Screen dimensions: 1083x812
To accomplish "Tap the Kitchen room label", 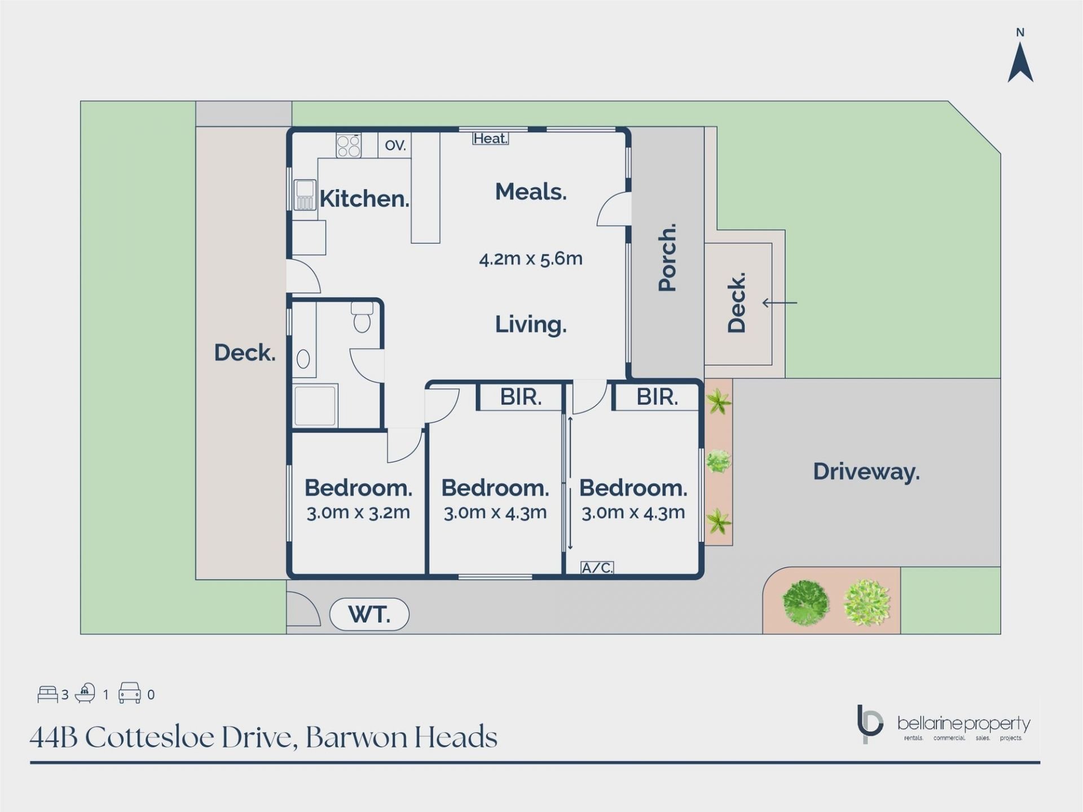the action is (x=364, y=198).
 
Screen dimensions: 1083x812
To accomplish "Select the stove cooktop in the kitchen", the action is (x=349, y=145).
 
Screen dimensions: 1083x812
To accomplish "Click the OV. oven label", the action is (x=395, y=145).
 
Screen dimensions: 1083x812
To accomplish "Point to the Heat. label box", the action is (x=491, y=138).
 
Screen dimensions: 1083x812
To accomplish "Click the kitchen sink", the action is (x=305, y=195).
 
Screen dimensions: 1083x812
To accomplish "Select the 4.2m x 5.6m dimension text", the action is (x=531, y=259).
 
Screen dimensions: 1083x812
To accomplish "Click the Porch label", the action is (x=667, y=257).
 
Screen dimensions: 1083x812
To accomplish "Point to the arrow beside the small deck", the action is (x=780, y=303).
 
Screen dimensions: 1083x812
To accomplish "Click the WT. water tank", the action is (x=369, y=614).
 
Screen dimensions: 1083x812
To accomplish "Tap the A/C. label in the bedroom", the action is (x=597, y=568).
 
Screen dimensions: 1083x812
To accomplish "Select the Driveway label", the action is (x=866, y=471).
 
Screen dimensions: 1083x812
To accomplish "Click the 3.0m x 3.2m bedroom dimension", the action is (x=358, y=513).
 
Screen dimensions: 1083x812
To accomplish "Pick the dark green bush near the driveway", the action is (x=806, y=603).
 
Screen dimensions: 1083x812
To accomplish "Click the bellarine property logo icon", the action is (x=869, y=724).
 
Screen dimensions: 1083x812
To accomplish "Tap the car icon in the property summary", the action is (x=130, y=693).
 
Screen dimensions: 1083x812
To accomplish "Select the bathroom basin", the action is (x=303, y=359).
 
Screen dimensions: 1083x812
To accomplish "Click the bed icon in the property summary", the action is (x=48, y=694).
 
